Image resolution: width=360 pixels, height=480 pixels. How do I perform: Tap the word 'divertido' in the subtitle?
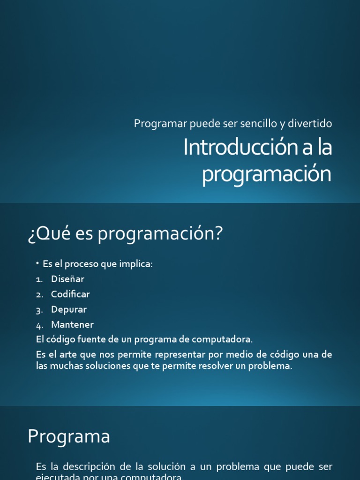tap(312, 124)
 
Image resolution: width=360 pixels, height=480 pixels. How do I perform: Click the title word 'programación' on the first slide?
tap(267, 174)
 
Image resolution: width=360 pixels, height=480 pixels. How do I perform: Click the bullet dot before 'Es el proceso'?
tap(37, 263)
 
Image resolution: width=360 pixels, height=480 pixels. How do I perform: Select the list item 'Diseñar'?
tap(68, 279)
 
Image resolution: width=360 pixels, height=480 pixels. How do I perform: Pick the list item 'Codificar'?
tap(70, 294)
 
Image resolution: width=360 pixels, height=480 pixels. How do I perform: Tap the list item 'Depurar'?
tap(69, 309)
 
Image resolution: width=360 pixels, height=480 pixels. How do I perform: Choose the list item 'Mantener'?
tap(73, 324)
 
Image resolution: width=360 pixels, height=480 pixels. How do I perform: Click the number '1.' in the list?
tap(39, 279)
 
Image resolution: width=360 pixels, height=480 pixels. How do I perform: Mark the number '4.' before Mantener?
tap(39, 325)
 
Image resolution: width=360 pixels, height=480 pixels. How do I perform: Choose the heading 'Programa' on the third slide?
tap(68, 437)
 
